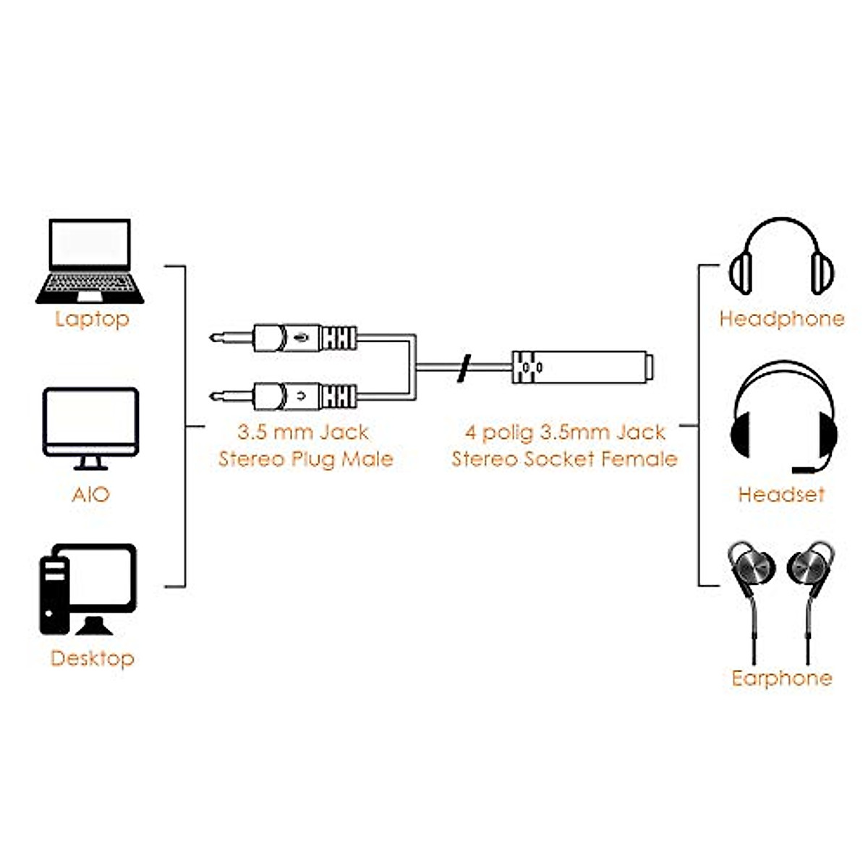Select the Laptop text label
92,319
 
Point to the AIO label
90,495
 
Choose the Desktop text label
92,658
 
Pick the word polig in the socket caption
508,433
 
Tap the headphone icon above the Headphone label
781,257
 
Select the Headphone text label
781,319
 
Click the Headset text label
781,495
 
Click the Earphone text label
781,678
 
